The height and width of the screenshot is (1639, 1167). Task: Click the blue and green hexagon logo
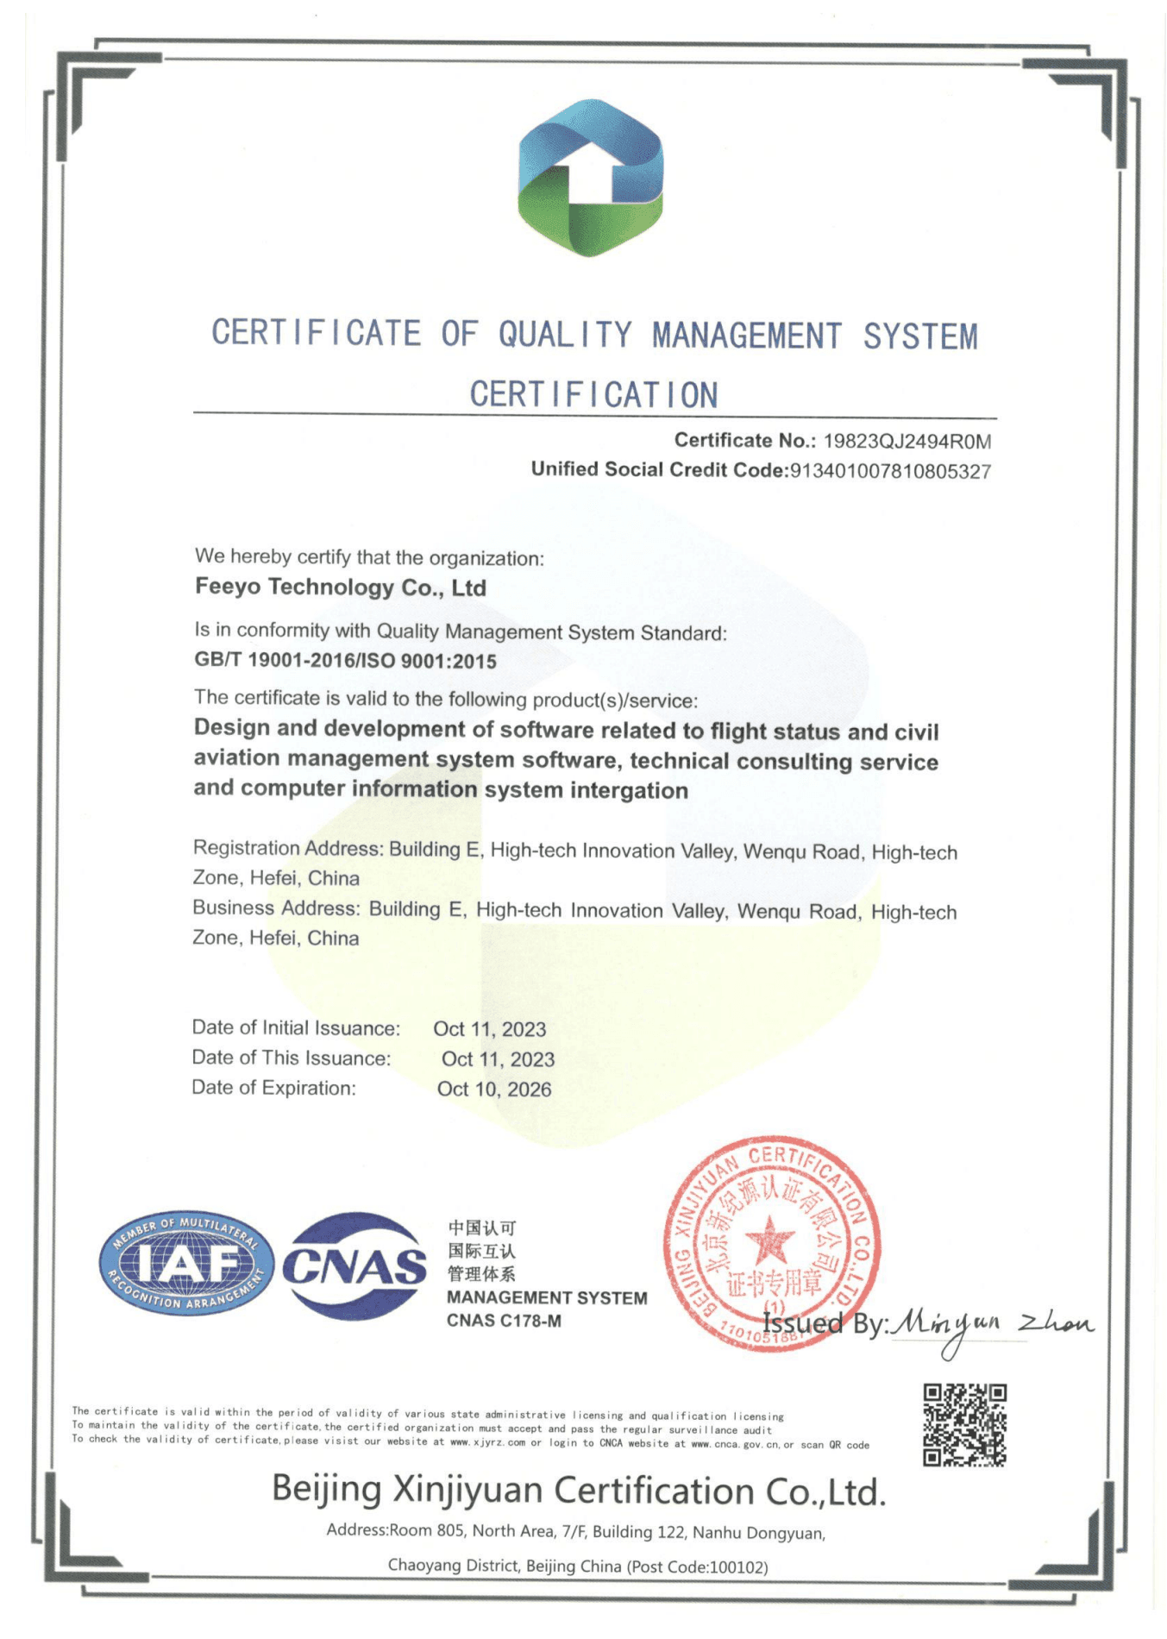pos(590,178)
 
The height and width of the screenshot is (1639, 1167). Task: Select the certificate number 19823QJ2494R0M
pos(907,442)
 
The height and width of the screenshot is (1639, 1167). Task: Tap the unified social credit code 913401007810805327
pos(890,471)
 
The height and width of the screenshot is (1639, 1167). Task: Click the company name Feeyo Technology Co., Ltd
pos(341,587)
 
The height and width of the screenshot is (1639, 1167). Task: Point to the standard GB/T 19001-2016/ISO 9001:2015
pos(345,661)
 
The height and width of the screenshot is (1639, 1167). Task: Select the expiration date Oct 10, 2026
pos(493,1089)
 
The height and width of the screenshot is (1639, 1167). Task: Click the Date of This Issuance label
pos(291,1058)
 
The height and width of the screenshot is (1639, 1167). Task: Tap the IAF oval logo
pos(186,1263)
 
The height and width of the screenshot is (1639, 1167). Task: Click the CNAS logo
pos(354,1265)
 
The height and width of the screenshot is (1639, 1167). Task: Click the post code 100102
pos(737,1567)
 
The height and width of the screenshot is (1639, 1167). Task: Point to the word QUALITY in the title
pos(565,335)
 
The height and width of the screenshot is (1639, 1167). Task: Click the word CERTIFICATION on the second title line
pos(593,395)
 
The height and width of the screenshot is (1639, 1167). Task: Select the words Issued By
pos(824,1323)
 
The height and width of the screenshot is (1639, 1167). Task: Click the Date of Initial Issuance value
pos(489,1029)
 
